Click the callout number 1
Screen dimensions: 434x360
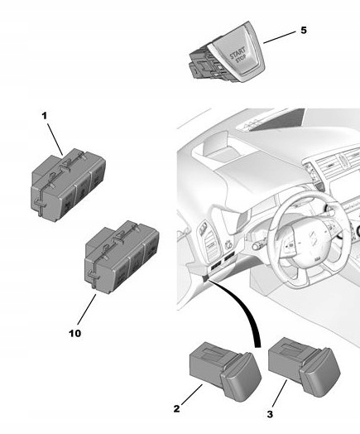[x=45, y=117]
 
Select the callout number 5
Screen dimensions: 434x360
[x=302, y=30]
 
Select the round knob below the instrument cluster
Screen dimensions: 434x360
[x=256, y=245]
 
